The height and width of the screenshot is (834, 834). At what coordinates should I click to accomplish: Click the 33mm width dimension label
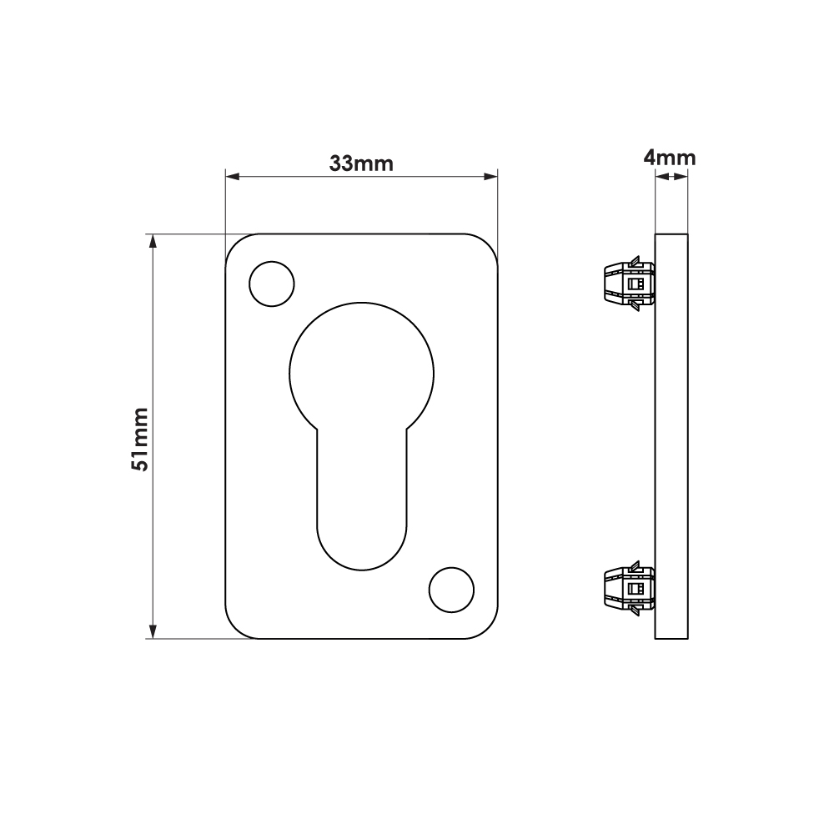click(x=360, y=163)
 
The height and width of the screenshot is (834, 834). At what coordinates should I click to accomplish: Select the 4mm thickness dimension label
click(x=670, y=157)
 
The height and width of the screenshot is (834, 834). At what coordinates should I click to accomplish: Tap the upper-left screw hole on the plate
click(x=272, y=284)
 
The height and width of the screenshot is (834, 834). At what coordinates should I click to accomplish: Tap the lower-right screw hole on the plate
click(x=451, y=589)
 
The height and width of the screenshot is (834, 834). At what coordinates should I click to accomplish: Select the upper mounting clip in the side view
click(x=627, y=284)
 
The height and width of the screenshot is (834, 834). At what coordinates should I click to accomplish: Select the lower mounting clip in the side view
click(x=627, y=589)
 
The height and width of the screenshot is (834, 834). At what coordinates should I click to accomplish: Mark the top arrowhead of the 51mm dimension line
click(x=153, y=242)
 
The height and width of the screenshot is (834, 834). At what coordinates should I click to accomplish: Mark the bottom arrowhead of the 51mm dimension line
click(x=153, y=631)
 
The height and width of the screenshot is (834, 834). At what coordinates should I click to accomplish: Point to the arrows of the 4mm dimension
click(x=671, y=176)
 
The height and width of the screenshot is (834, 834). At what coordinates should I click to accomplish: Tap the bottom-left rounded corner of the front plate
click(x=235, y=630)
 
